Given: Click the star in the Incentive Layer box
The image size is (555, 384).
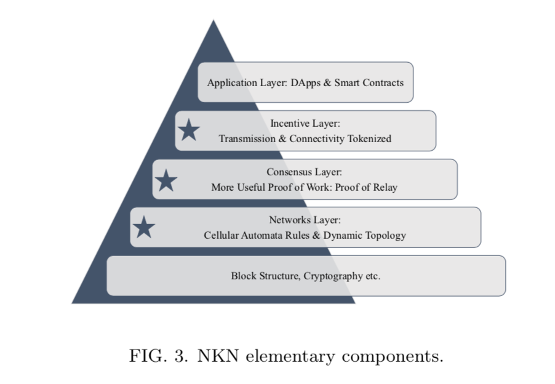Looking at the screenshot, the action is tap(189, 130).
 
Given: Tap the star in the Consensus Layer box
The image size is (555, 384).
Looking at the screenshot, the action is tap(166, 180).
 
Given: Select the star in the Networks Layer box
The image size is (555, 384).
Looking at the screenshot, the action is tap(144, 227).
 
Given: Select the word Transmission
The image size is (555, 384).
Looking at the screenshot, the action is tap(247, 138).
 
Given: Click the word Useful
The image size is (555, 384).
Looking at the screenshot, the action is tap(251, 187).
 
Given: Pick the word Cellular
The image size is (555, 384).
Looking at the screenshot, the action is tap(221, 235).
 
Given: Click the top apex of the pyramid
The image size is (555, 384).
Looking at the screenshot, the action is tap(214, 20).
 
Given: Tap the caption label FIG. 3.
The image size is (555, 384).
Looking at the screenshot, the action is tap(159, 356).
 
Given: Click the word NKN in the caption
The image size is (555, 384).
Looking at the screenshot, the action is tap(218, 356).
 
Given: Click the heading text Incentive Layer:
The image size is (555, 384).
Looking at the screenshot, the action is tap(305, 124).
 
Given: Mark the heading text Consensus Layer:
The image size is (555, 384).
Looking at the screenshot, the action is tap(305, 172).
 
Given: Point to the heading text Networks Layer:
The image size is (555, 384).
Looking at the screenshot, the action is tap(305, 220).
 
